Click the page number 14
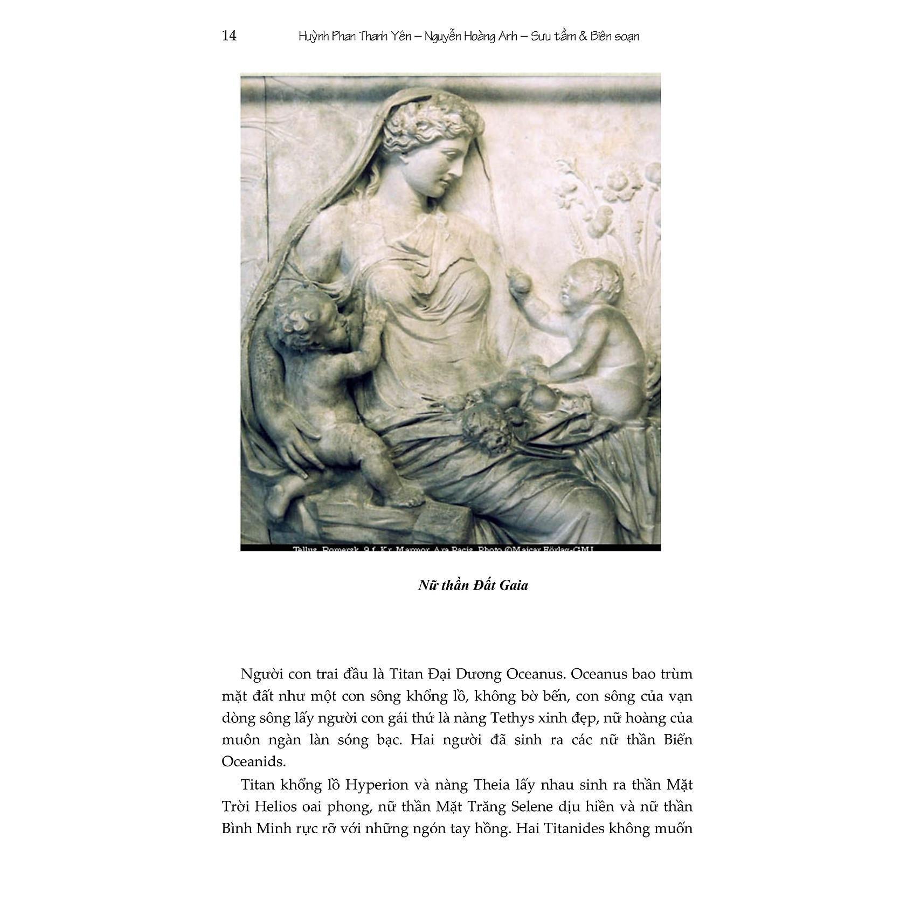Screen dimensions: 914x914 point(229,36)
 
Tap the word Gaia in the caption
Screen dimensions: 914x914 point(514,585)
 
